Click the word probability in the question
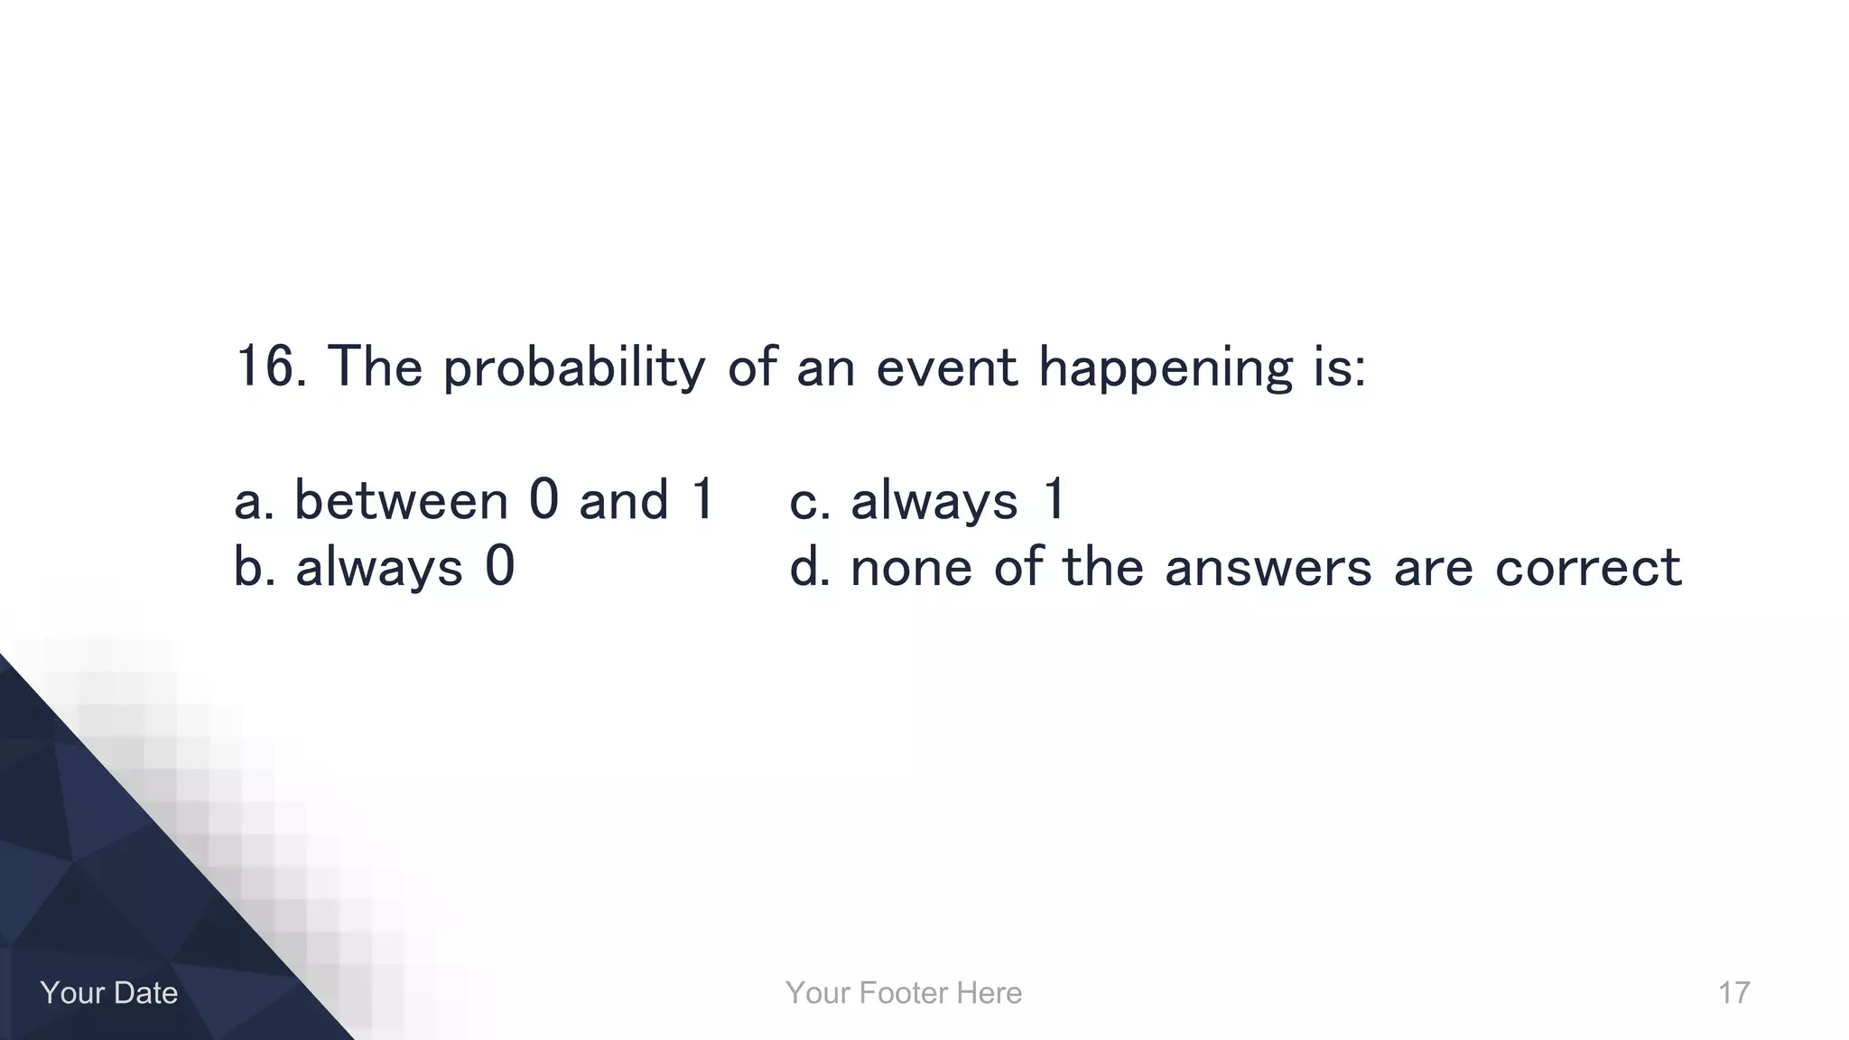573,369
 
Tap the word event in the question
946,369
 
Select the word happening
1166,369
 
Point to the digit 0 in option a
544,499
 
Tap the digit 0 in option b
499,567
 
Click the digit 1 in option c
1054,499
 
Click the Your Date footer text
109,993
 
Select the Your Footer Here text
904,993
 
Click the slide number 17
1733,993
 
